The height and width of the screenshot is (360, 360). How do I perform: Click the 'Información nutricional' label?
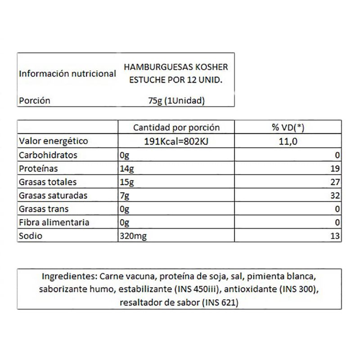[67, 74]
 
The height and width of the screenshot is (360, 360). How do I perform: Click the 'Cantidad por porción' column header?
[176, 128]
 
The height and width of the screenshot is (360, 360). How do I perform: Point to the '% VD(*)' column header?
[288, 128]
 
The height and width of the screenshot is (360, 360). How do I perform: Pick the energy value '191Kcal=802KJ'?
[176, 141]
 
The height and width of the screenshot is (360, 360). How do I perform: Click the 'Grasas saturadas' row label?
[53, 196]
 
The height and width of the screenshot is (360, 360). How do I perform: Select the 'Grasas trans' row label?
[44, 209]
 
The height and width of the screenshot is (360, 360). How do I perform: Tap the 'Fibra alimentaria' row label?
[54, 223]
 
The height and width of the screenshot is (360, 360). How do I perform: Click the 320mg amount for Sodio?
[131, 236]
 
